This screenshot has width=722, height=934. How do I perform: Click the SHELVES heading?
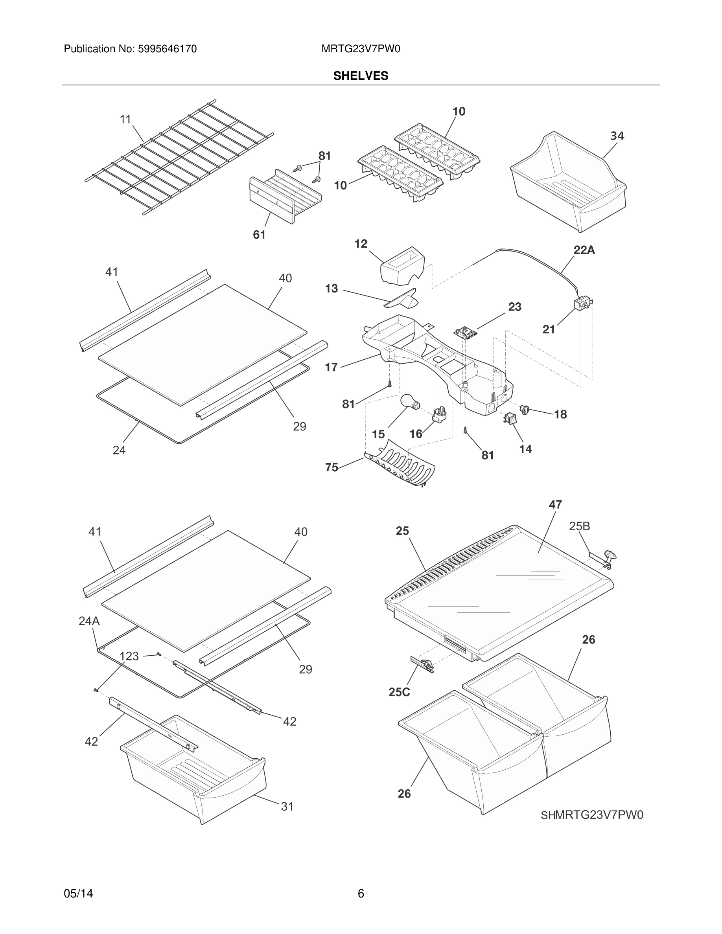[x=361, y=76]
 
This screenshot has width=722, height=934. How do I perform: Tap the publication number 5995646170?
[x=167, y=49]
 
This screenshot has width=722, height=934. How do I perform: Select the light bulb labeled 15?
[x=410, y=402]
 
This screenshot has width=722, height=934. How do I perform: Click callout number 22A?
[x=584, y=250]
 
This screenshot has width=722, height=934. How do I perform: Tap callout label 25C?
[x=399, y=692]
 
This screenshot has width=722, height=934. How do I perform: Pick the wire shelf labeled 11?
[x=180, y=158]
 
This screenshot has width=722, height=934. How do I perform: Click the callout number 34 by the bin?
[x=617, y=136]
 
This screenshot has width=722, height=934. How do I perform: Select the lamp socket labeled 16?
[x=439, y=414]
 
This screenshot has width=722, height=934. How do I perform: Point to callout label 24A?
[x=89, y=621]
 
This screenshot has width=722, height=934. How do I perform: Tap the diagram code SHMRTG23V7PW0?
[x=591, y=815]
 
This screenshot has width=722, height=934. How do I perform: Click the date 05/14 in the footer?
[x=78, y=894]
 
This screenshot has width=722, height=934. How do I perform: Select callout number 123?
[x=129, y=656]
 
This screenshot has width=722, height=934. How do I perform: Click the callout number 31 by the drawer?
[x=287, y=807]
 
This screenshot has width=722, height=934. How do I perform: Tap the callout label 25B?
[x=579, y=526]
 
